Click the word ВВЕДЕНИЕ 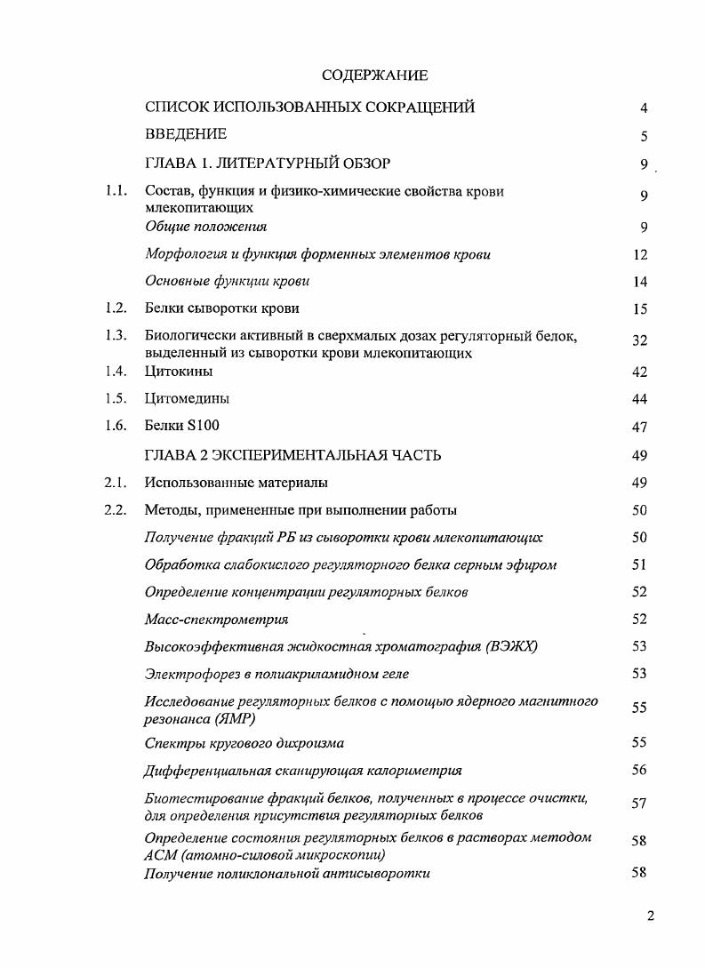tap(186, 134)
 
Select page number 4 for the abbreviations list tap(643, 108)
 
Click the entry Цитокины tap(179, 372)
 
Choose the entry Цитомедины tap(186, 399)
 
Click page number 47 tap(639, 428)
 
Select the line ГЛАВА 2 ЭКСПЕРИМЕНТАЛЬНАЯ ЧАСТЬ tap(293, 455)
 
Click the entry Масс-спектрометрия tap(216, 619)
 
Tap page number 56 tap(639, 771)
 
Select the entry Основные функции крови tap(227, 281)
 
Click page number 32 tap(639, 341)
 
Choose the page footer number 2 tap(651, 916)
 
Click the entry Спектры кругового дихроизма tap(244, 742)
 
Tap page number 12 tap(639, 255)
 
